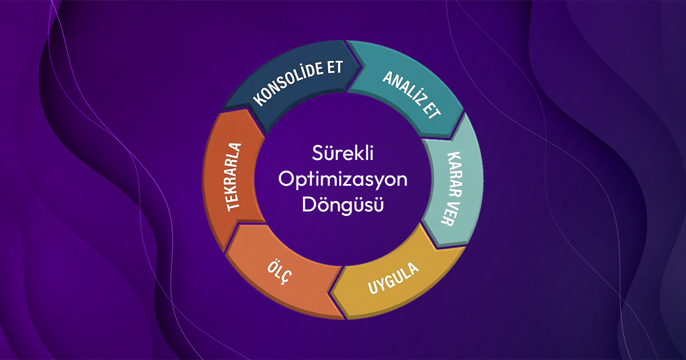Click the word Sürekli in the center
(342, 154)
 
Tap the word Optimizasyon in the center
(342, 179)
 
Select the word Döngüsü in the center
(342, 204)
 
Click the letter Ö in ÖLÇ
(272, 268)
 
